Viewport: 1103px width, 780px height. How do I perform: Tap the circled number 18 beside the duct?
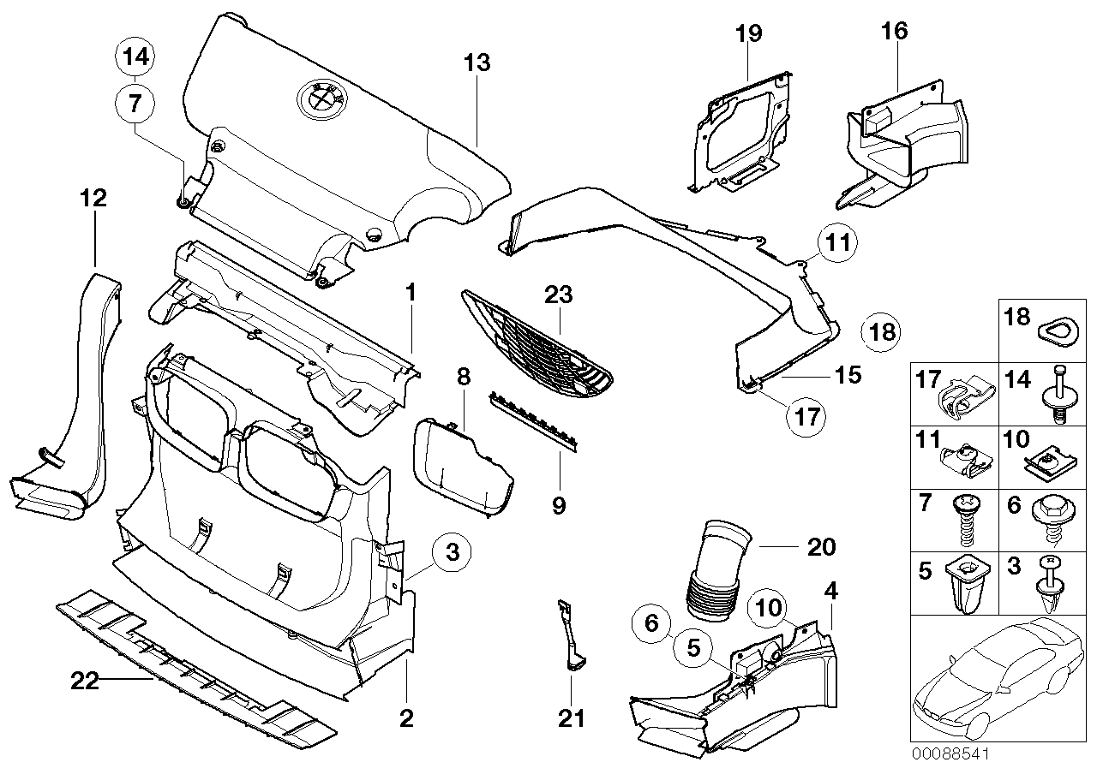(881, 331)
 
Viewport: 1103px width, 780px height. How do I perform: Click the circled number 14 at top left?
(135, 57)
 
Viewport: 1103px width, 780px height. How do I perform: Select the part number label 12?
(93, 199)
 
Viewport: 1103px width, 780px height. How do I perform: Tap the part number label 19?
(748, 34)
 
